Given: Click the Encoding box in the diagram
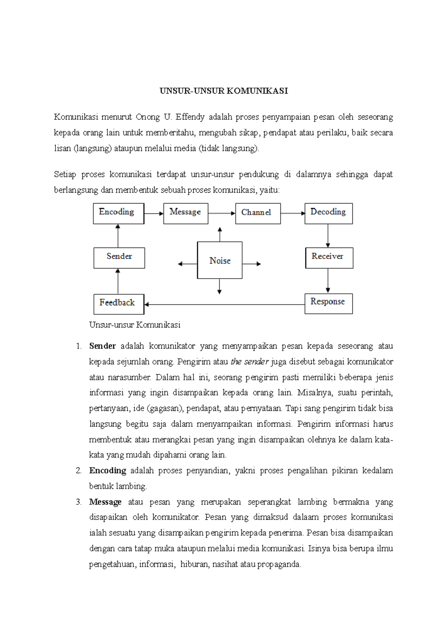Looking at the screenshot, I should point(118,213).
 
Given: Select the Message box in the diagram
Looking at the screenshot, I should point(186,213).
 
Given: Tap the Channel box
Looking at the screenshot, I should point(258,213).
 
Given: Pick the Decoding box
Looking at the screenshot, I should point(328,213).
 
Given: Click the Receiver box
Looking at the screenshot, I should point(329,258).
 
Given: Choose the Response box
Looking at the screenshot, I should point(328,303).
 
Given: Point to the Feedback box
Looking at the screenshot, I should point(118,304).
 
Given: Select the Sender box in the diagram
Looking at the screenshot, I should point(119,258).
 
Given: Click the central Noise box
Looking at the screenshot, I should point(220,260).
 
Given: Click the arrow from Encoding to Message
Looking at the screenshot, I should point(153,214).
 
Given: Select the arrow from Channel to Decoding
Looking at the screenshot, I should point(292,214).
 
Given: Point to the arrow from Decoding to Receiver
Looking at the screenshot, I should point(328,236).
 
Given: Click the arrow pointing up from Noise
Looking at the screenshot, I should point(220,234).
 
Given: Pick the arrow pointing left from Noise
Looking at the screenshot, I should point(187,264).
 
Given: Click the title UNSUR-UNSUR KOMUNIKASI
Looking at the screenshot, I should point(223,91).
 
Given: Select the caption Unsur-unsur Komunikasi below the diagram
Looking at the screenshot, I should point(135,325).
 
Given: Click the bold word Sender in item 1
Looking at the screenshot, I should point(102,346).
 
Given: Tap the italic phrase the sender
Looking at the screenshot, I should point(250,362).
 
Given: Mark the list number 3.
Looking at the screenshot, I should point(79,502).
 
